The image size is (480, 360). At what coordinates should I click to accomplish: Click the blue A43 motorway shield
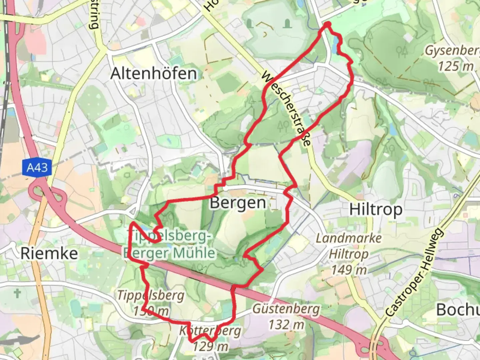37,167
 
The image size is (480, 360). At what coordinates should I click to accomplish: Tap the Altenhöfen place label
153,73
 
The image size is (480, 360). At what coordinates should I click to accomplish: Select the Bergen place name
238,203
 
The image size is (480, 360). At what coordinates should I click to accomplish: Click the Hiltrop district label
376,210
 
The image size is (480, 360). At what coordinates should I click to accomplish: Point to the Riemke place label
49,253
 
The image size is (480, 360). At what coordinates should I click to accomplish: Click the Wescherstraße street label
286,108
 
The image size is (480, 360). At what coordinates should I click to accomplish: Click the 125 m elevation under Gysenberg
455,66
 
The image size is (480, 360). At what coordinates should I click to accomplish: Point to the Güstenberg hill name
286,309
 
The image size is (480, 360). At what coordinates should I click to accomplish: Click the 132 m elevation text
286,324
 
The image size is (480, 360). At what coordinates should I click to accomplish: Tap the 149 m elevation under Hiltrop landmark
349,269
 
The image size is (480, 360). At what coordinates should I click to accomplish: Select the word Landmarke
349,238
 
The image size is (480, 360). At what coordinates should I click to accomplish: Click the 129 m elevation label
211,347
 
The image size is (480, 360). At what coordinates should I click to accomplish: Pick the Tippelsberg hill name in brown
151,295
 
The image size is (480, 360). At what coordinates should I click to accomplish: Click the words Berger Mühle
170,253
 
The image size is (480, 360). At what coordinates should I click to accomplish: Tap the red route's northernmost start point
327,24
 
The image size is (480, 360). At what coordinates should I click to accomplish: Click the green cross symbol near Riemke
17,293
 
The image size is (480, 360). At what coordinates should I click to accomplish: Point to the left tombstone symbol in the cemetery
249,23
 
